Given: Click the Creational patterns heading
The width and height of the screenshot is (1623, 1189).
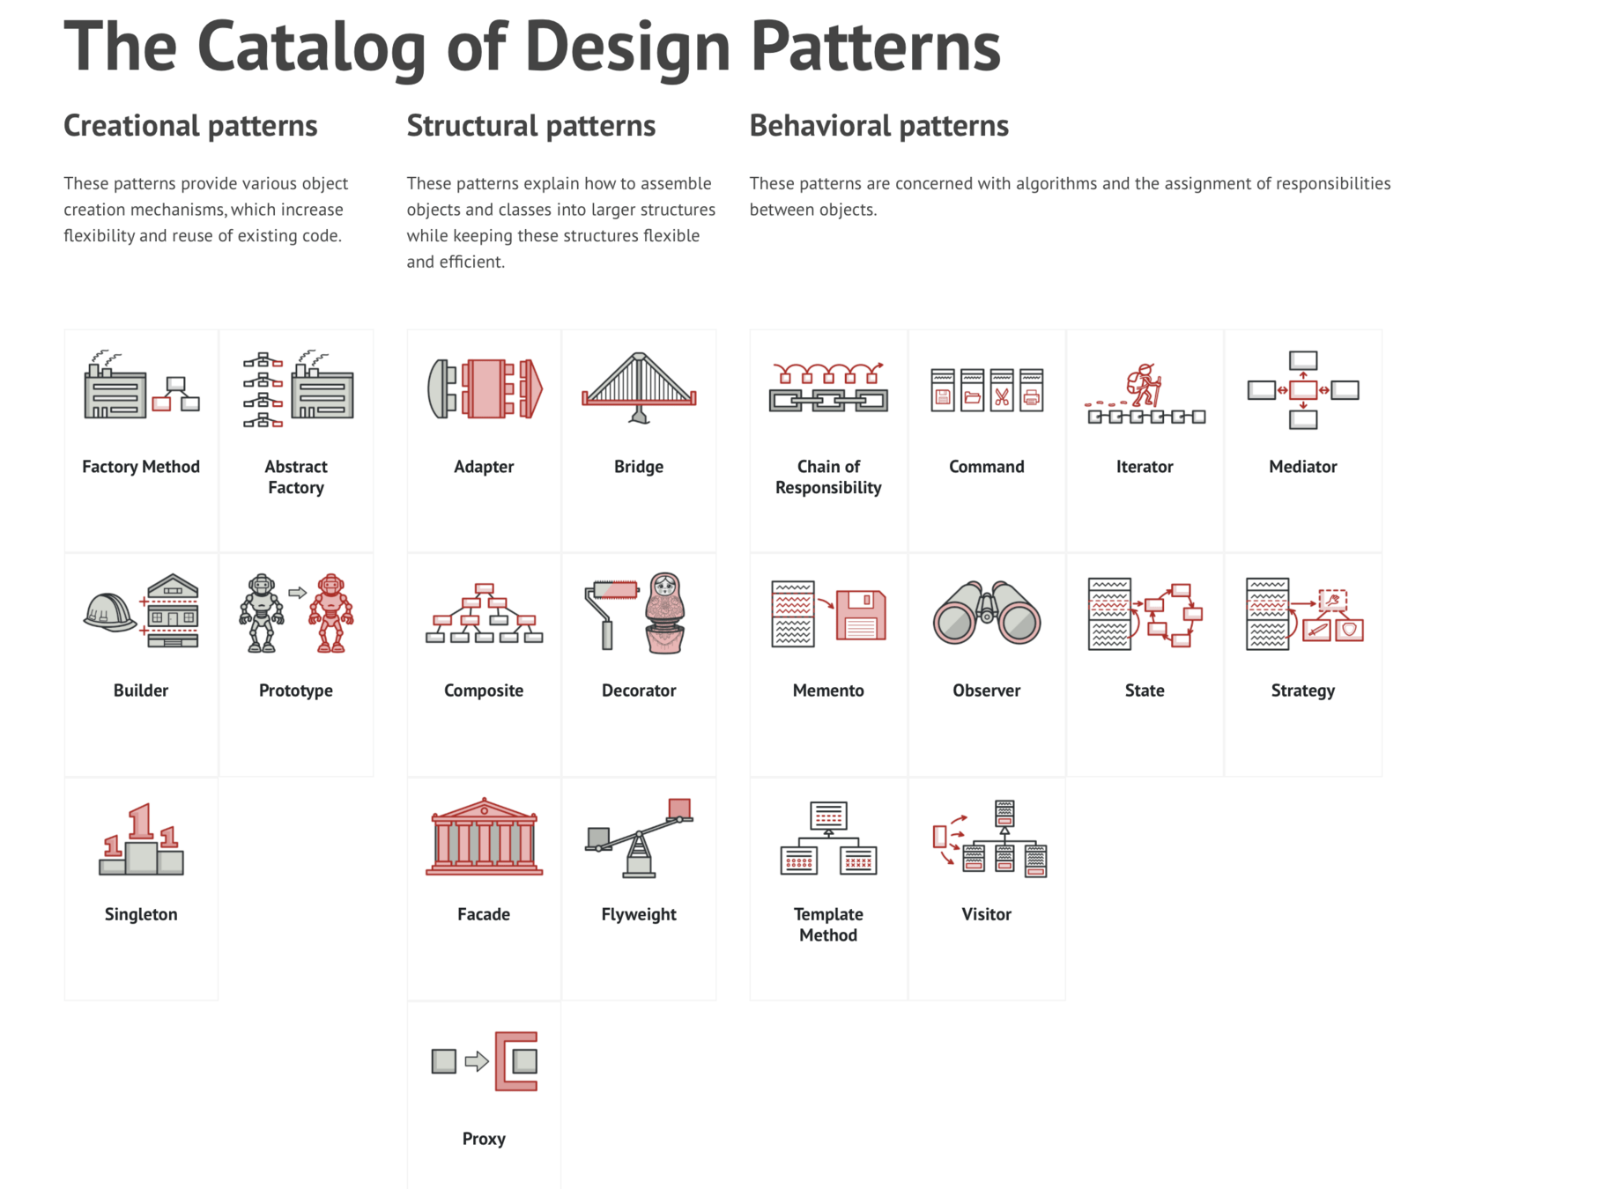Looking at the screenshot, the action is coord(190,126).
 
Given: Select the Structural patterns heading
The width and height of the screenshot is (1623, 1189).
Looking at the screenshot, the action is coord(530,126).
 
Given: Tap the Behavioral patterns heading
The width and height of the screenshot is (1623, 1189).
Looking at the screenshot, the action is coord(878,126).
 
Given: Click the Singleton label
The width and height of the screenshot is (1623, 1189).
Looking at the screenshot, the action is coord(141,914).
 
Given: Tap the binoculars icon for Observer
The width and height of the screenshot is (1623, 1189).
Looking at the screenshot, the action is coord(986,613).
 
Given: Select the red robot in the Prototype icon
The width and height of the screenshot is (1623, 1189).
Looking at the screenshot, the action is coord(331,613).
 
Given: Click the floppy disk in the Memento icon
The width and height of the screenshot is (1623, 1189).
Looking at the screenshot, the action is coord(861,615).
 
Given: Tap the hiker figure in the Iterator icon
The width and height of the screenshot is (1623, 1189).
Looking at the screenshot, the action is coord(1145,385).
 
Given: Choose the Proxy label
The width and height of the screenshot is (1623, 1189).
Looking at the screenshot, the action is coord(484,1139).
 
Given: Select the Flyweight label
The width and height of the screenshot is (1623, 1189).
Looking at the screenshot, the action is coord(639,914).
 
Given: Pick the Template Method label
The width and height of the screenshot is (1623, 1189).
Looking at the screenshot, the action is coord(828,925).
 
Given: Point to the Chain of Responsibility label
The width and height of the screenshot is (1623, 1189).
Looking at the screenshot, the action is coord(828,476).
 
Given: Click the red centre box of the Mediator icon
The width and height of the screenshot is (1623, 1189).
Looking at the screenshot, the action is coord(1303,390).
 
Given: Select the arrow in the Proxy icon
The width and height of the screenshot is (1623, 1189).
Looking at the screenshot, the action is coord(477,1061).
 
